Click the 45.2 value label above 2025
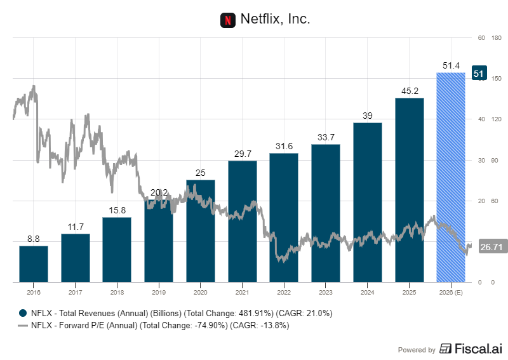(x=409, y=91)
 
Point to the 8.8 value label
(x=34, y=239)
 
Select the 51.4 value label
(x=451, y=65)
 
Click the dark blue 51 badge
(x=479, y=74)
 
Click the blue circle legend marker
(x=23, y=313)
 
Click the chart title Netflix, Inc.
(x=275, y=20)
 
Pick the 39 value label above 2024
(x=368, y=116)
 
